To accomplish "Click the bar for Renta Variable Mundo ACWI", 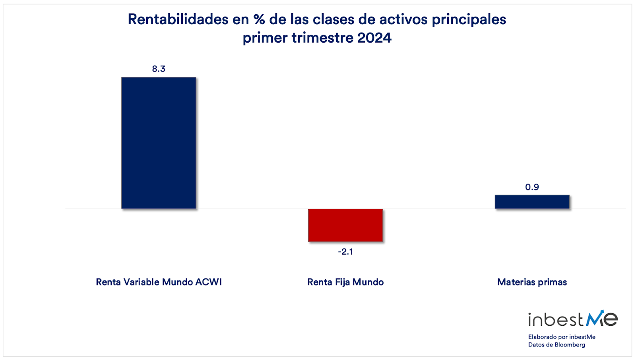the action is [159, 143].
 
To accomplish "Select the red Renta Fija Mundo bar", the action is [345, 225].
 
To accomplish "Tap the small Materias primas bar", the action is [532, 202].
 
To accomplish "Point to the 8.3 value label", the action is [159, 69].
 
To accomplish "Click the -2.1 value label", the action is [345, 252].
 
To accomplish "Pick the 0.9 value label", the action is [532, 187].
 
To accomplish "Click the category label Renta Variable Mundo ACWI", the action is [159, 282].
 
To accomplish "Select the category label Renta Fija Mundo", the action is [345, 282].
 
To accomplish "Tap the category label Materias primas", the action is [532, 282].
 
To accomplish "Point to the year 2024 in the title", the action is [374, 37].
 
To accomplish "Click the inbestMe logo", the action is [573, 319].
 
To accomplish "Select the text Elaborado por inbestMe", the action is [562, 337].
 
